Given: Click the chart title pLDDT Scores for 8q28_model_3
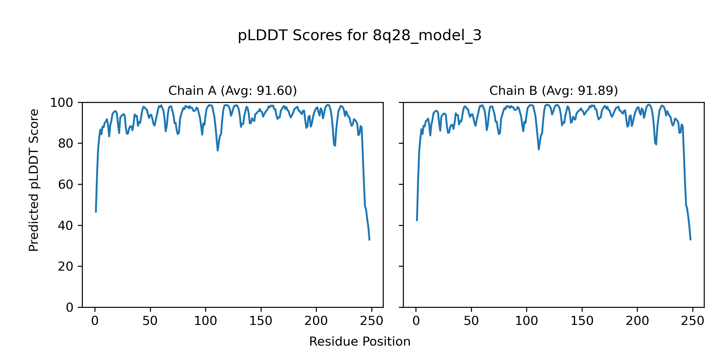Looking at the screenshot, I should [x=359, y=35].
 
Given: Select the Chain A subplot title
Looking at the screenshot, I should [x=232, y=91].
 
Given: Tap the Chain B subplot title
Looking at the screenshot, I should [x=553, y=91].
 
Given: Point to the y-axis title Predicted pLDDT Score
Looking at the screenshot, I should [x=34, y=180].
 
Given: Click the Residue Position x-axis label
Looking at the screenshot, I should [x=359, y=341].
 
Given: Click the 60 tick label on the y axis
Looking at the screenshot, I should [x=66, y=184].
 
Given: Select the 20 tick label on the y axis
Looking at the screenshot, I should [x=66, y=266].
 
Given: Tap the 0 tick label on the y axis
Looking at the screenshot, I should [x=70, y=307].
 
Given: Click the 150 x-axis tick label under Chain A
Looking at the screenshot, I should [x=261, y=321].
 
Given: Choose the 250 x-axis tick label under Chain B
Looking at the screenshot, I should [x=692, y=321].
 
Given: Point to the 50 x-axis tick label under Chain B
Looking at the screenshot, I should [x=471, y=321].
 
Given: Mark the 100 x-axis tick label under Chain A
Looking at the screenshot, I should [x=205, y=321].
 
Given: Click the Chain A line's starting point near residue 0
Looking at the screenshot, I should [x=96, y=212].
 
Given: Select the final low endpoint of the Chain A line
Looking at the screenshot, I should [x=369, y=240].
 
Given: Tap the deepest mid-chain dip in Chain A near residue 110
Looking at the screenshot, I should [x=218, y=150].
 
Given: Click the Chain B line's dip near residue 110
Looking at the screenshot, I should [x=539, y=149].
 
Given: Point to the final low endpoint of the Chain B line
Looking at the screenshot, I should [x=691, y=240].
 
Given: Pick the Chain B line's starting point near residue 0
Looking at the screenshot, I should [x=417, y=220].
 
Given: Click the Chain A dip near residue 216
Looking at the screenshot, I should [x=335, y=145].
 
